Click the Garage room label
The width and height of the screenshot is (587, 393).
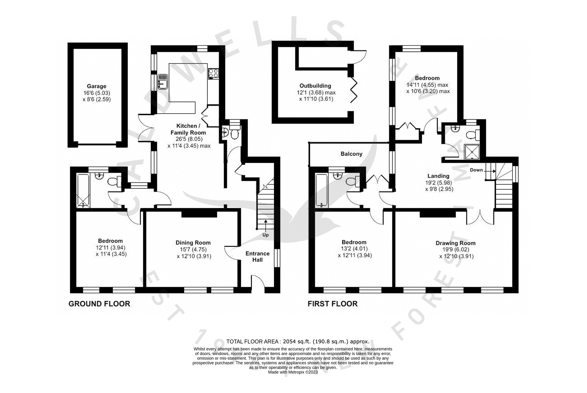coord(96,86)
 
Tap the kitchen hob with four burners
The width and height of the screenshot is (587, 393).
coord(213,74)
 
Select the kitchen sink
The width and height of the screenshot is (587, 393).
coord(163,82)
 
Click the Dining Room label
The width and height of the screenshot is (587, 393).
coord(193,243)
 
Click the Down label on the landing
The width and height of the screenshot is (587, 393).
coord(476,170)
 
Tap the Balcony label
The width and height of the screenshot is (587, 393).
coord(351,154)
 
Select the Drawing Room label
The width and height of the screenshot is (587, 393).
coord(455,243)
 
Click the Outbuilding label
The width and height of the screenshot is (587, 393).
coord(315,86)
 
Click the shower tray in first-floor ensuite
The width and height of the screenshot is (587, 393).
coord(472,152)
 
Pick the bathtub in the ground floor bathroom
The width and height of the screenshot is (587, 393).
coord(83,191)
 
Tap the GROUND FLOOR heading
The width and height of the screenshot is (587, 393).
coord(99,304)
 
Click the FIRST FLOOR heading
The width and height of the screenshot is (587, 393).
coord(333,304)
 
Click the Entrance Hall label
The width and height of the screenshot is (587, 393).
coord(257,257)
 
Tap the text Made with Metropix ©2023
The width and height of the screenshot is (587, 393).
coord(293,372)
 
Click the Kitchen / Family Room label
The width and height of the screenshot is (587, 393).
coord(188,129)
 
